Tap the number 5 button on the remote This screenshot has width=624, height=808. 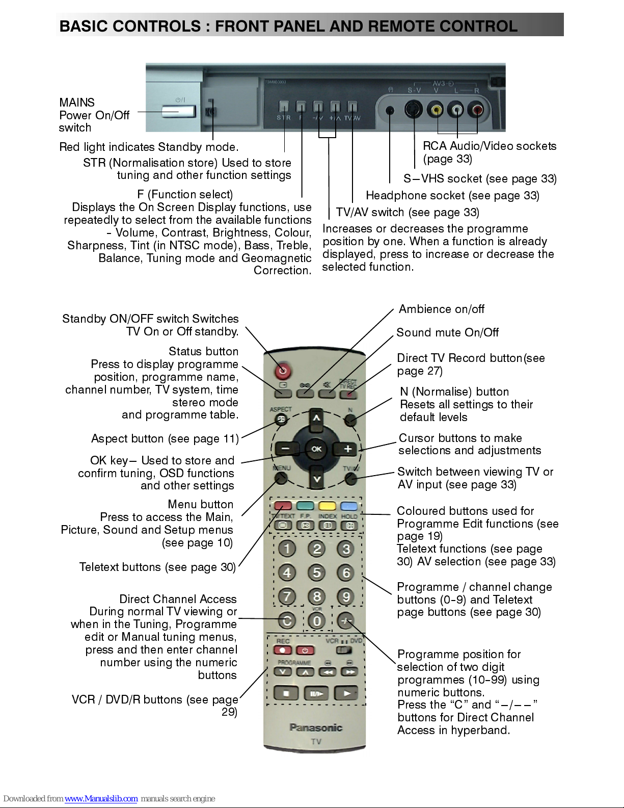click(x=316, y=572)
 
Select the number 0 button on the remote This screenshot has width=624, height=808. click(x=316, y=620)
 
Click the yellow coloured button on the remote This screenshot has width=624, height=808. click(x=327, y=506)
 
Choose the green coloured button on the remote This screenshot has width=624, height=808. click(x=305, y=506)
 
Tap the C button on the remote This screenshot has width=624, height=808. click(x=287, y=620)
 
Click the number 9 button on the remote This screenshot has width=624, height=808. click(x=346, y=596)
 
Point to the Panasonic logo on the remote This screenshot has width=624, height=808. click(x=316, y=727)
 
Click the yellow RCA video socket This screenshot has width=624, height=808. click(x=436, y=110)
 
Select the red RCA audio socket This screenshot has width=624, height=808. click(x=476, y=110)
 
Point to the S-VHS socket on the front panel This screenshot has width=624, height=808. click(x=413, y=110)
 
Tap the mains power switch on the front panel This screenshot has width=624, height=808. click(x=179, y=112)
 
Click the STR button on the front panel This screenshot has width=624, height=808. click(x=284, y=107)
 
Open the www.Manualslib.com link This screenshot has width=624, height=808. click(x=101, y=798)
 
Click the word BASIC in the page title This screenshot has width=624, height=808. click(x=79, y=26)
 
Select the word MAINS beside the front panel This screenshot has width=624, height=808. click(x=77, y=102)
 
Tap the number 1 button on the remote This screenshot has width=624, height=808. click(x=287, y=549)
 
